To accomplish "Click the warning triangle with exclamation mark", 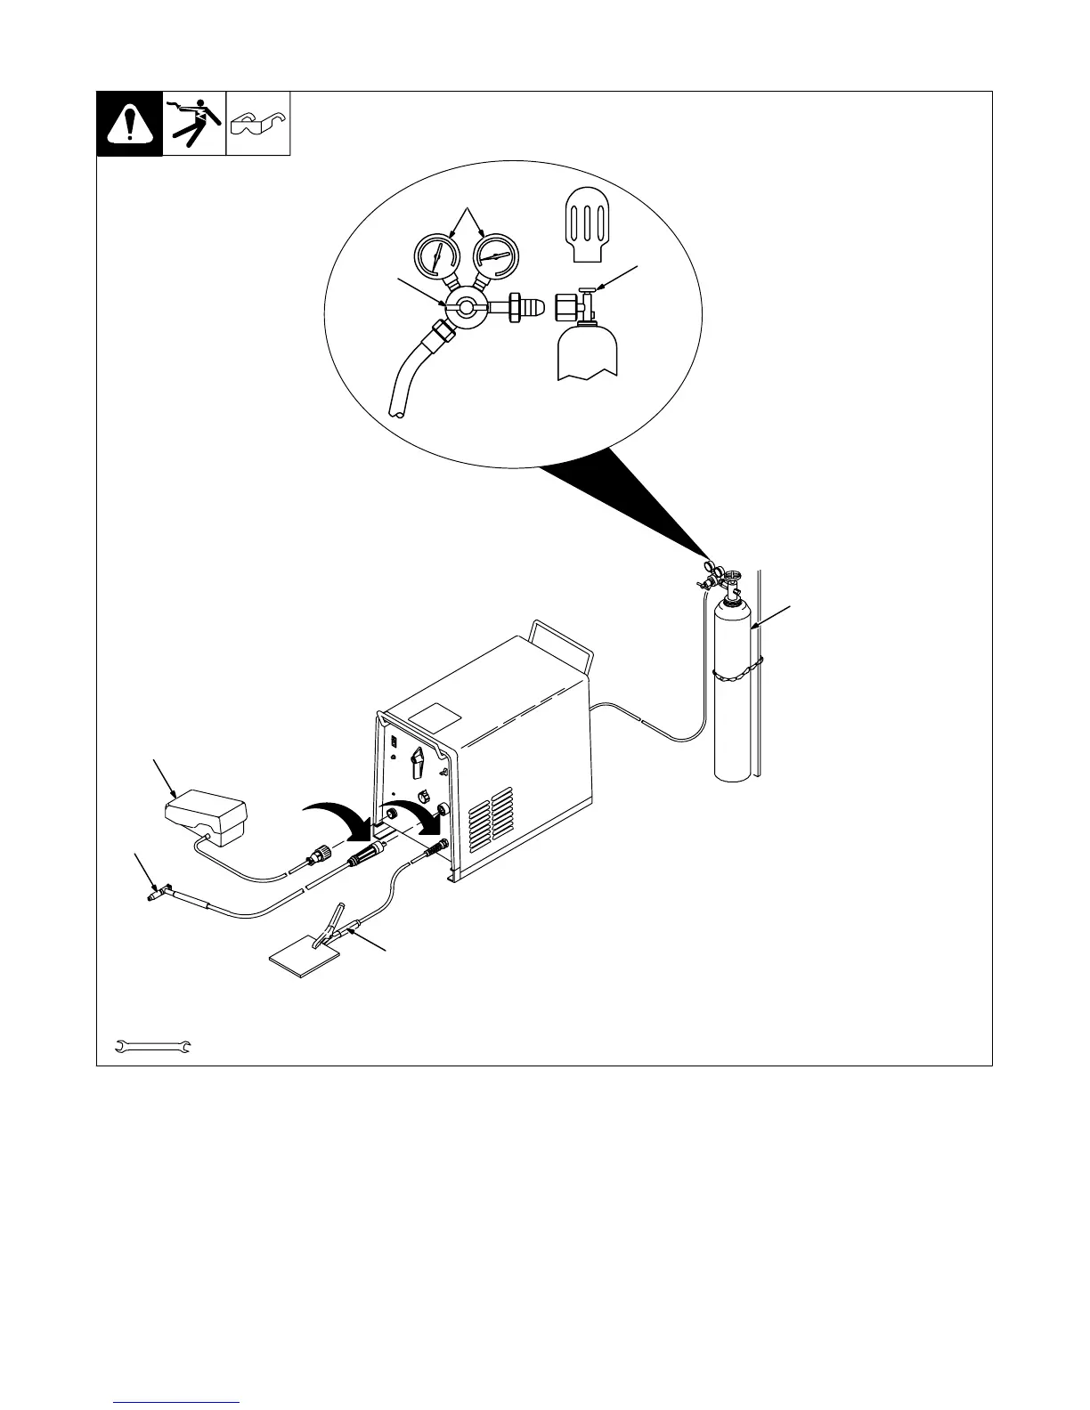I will click(x=129, y=124).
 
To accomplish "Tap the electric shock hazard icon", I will click(x=194, y=124).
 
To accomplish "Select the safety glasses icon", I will click(x=258, y=123).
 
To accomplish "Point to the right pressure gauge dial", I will click(x=496, y=255).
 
